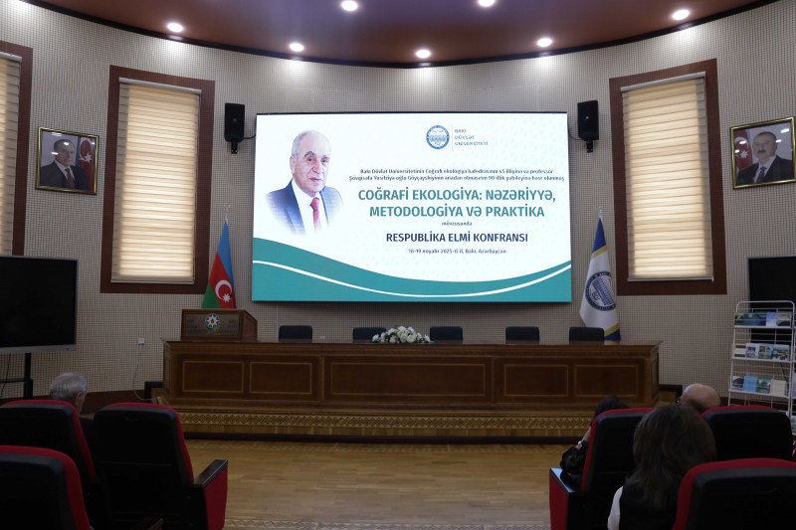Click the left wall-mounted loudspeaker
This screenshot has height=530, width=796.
(234, 122)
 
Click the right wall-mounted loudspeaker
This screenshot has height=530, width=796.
(588, 120)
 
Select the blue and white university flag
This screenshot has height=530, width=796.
(599, 281)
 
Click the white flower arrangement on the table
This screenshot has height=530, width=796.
(401, 336)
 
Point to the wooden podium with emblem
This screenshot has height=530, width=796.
(218, 325)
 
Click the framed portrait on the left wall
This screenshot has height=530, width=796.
(67, 160)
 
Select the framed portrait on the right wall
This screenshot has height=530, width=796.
(763, 152)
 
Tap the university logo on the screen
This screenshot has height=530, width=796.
(437, 137)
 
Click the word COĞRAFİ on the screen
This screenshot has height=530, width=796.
(390, 195)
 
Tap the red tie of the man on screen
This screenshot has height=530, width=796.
(315, 210)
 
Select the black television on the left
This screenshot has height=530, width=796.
(38, 301)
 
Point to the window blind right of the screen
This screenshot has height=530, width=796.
(667, 178)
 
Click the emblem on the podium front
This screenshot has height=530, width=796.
(211, 322)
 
